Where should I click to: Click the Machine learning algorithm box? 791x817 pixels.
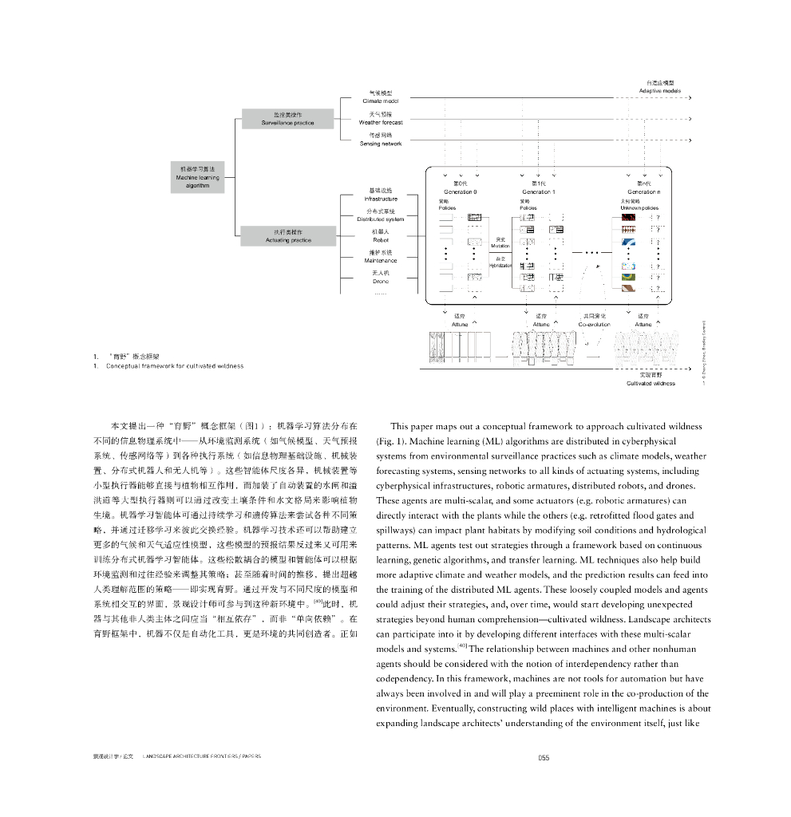coord(197,177)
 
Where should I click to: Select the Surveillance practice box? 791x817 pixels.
coord(287,119)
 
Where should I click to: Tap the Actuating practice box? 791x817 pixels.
coord(287,235)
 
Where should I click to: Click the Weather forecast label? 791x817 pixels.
coord(381,123)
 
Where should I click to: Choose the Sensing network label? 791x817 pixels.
coord(381,144)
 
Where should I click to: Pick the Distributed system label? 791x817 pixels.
coord(381,219)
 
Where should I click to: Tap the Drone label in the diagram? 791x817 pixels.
coord(381,281)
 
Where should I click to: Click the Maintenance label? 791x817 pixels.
coord(381,260)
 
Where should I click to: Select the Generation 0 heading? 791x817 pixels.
coord(460,191)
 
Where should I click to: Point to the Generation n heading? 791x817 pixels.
coord(643,191)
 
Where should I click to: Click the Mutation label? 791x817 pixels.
coord(500,246)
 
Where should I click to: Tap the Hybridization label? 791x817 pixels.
coord(500,265)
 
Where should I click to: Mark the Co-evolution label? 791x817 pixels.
coord(594,325)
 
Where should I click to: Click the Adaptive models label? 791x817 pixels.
coord(660,91)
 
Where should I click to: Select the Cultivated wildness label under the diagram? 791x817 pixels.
coord(651,383)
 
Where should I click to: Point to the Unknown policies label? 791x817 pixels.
coord(639,207)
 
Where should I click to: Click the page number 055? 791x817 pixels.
coord(543,758)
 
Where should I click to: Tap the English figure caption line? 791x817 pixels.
coord(175,366)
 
